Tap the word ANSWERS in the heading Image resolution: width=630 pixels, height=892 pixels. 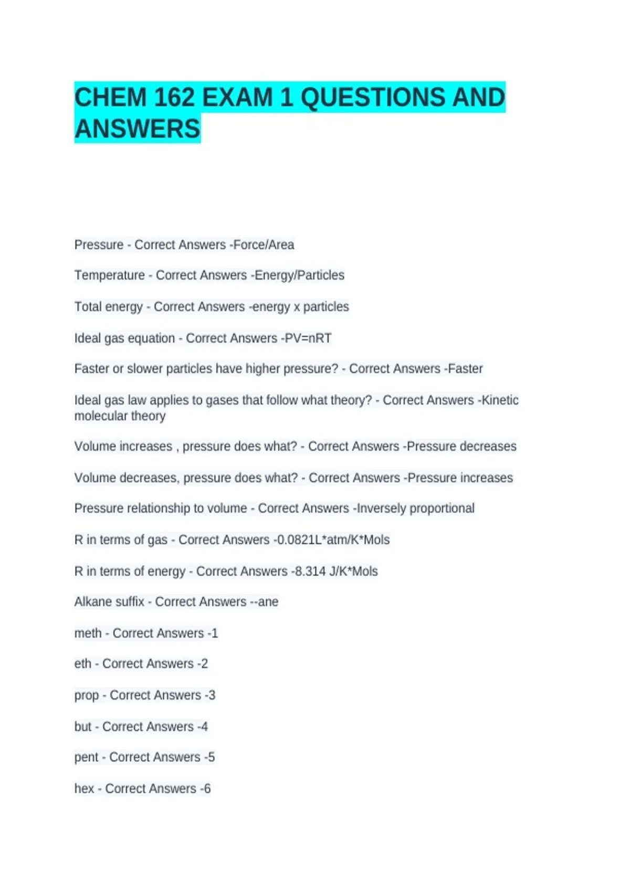(x=137, y=129)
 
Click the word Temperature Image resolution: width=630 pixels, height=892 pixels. (x=109, y=275)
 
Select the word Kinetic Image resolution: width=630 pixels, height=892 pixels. (x=500, y=400)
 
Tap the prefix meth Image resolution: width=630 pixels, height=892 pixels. (x=88, y=633)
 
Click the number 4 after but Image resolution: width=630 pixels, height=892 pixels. (x=204, y=727)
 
